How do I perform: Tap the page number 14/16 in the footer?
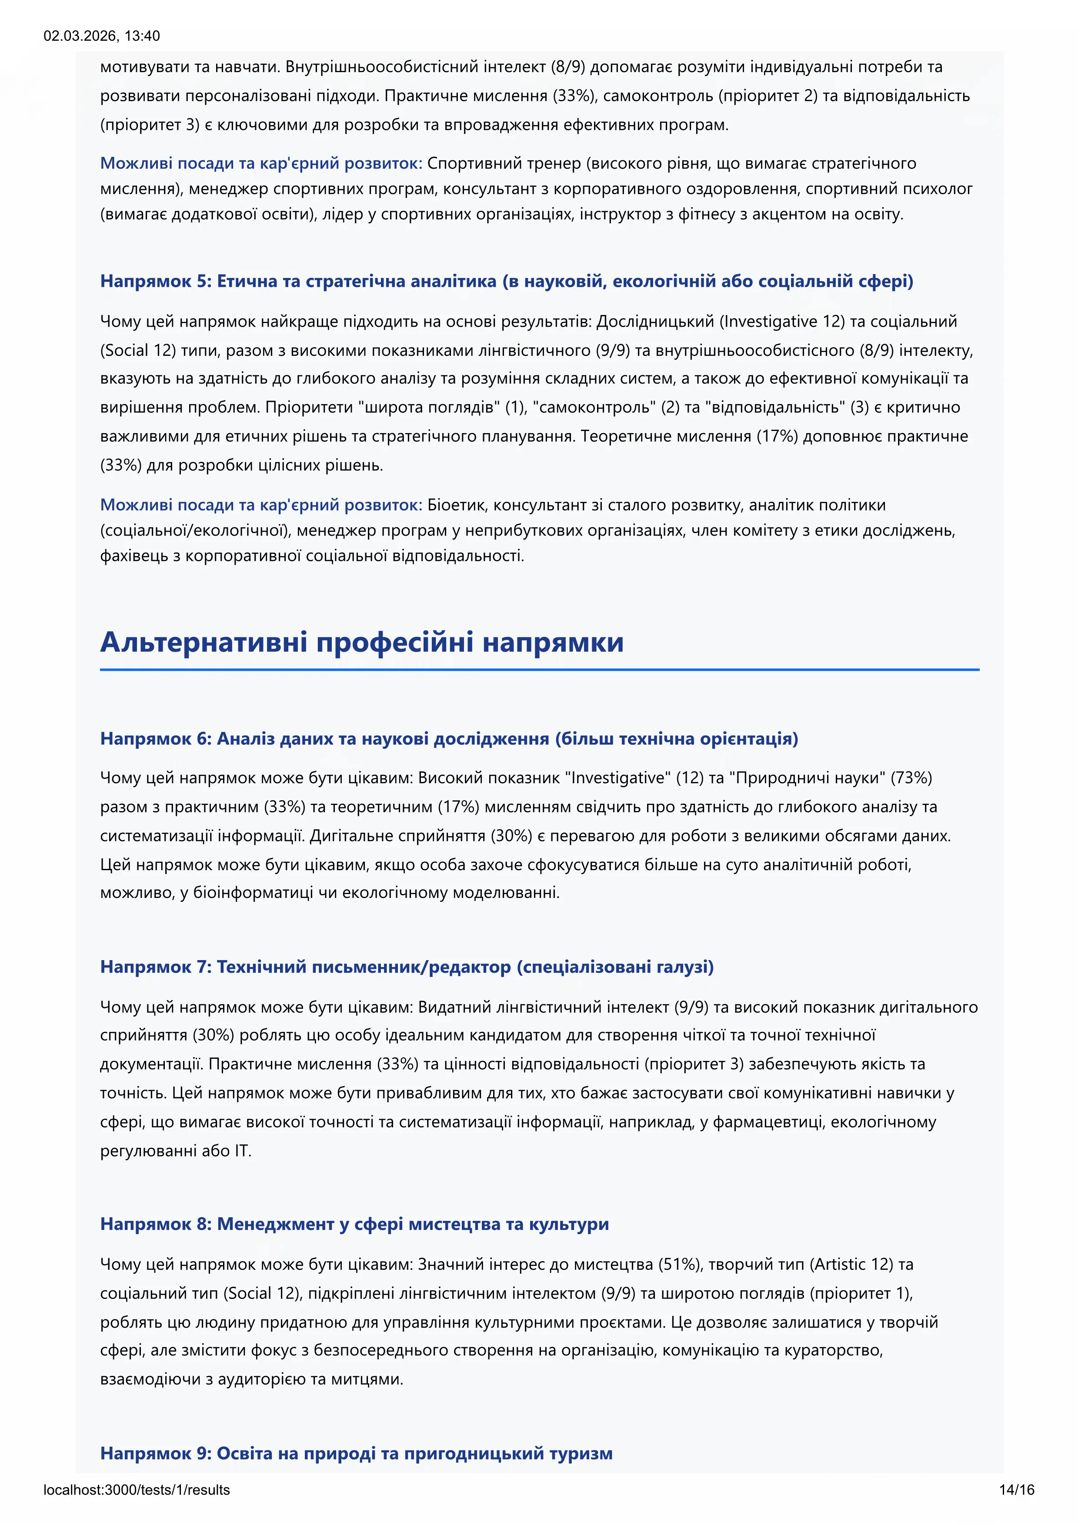click(x=1016, y=1490)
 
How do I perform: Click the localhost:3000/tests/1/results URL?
click(x=137, y=1490)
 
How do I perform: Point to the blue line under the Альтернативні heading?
click(x=539, y=670)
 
